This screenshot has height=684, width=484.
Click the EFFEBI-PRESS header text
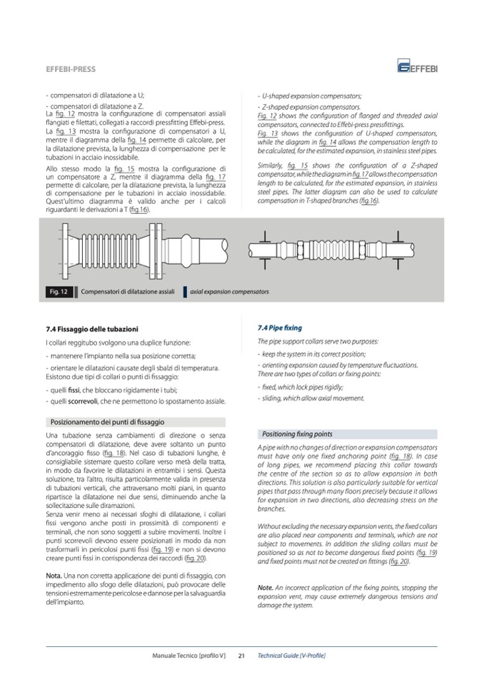tap(71, 69)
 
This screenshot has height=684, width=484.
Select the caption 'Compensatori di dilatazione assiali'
tap(128, 292)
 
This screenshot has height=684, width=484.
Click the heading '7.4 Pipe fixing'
tap(279, 328)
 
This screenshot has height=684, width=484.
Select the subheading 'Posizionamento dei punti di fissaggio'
tap(108, 422)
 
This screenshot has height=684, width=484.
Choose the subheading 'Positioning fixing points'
tap(297, 434)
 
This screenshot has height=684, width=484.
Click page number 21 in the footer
tap(241, 655)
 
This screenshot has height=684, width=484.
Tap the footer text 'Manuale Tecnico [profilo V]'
tap(188, 655)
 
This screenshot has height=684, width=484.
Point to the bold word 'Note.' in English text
tap(266, 587)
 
